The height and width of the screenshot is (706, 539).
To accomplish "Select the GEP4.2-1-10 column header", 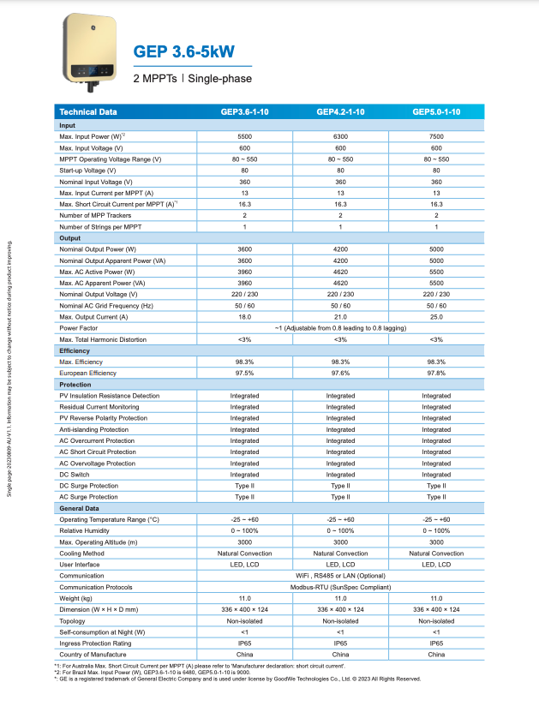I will click(340, 112).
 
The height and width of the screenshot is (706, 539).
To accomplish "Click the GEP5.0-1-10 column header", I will click(436, 112).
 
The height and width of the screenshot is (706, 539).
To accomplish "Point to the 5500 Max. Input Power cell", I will click(244, 137).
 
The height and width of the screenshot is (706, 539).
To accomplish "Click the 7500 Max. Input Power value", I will click(436, 137).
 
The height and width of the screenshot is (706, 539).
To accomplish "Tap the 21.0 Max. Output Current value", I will click(340, 317).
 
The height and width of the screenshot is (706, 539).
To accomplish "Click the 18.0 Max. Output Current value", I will click(244, 317).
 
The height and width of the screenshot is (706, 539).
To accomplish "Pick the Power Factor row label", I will click(78, 328).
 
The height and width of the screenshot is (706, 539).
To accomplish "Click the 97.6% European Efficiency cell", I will click(340, 374).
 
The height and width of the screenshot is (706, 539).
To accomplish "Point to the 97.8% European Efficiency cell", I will click(436, 374).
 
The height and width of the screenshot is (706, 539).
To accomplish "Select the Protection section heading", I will click(75, 385).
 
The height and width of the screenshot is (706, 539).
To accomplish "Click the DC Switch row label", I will click(75, 475).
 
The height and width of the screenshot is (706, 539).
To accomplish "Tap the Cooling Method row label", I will click(83, 553).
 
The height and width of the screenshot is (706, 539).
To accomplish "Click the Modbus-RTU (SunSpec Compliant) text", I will click(340, 587).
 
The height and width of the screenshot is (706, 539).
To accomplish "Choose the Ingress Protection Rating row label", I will click(95, 643).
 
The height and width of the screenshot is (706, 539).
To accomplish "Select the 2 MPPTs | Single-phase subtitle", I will click(192, 79).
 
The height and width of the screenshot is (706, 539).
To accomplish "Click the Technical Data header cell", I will click(88, 112).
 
